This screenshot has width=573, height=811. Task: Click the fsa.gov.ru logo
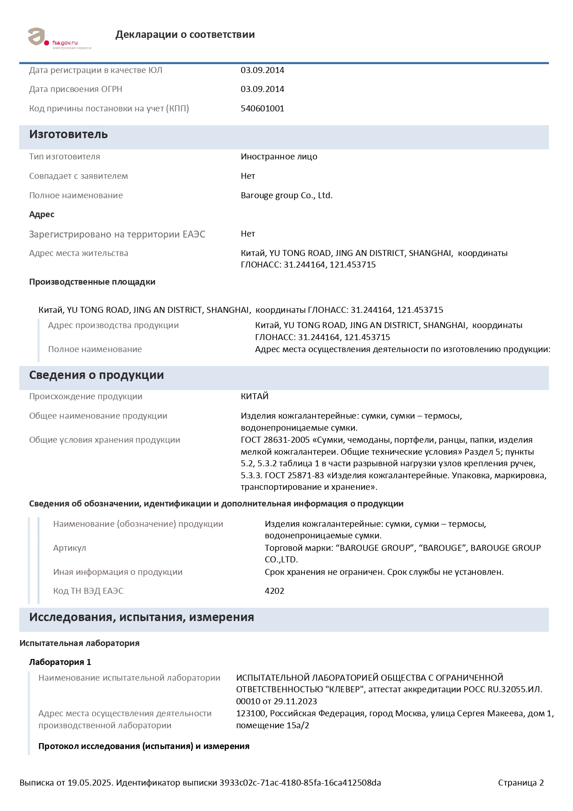(x=59, y=38)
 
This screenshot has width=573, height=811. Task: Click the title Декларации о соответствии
(x=185, y=35)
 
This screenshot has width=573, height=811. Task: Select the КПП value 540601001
(x=262, y=109)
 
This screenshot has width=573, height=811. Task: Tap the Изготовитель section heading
(x=68, y=134)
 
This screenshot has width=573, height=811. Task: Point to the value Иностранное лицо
(x=279, y=157)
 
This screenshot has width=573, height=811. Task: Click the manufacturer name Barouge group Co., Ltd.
(x=286, y=195)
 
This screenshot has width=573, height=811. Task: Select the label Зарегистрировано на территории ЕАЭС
(x=117, y=234)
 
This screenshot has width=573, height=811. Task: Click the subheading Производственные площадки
(x=92, y=282)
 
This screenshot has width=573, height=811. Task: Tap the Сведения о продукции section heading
(x=96, y=375)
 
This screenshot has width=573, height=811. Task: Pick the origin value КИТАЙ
(x=255, y=396)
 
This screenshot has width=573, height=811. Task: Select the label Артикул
(x=69, y=548)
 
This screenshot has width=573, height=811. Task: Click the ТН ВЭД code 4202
(x=274, y=591)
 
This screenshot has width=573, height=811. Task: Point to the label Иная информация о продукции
(x=117, y=572)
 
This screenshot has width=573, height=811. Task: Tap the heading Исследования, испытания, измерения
(x=141, y=617)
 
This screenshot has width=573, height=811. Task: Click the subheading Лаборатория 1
(x=60, y=662)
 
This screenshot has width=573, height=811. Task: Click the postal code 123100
(x=251, y=713)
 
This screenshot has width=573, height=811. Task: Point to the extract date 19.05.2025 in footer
(x=90, y=783)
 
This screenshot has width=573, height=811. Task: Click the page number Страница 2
(x=521, y=783)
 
